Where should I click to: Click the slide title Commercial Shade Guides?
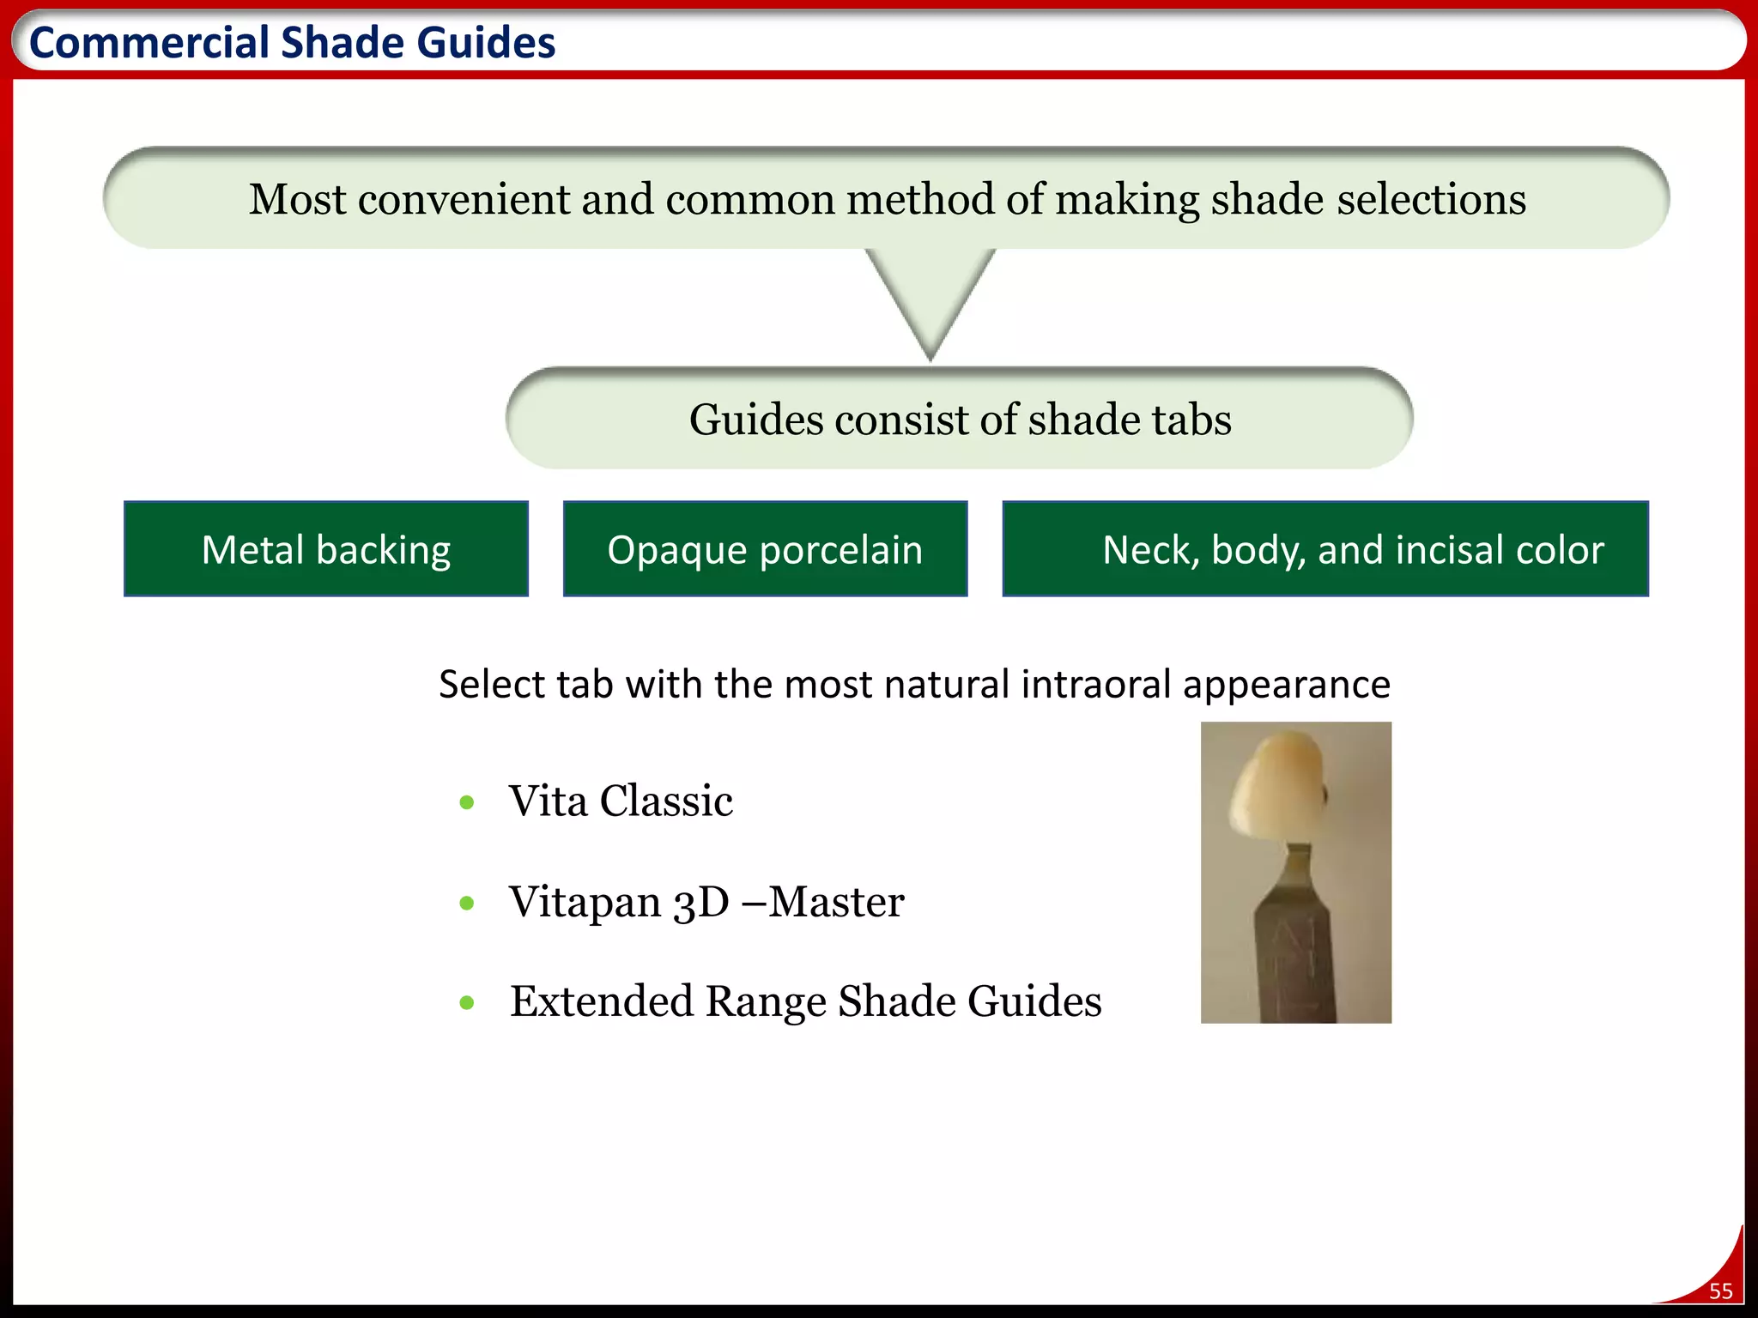coord(292,43)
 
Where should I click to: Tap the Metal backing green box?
coord(326,549)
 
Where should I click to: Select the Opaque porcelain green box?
coord(765,549)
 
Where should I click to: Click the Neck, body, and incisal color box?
coord(1325,549)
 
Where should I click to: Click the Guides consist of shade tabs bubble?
coord(960,420)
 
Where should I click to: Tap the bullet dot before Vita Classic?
coord(467,802)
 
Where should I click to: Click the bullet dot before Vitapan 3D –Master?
coord(467,903)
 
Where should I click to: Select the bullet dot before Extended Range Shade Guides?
coord(467,1002)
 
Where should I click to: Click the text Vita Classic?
coord(621,801)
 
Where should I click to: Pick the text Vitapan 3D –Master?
coord(706,902)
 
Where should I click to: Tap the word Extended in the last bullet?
coord(601,1001)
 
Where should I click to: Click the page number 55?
coord(1720,1291)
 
